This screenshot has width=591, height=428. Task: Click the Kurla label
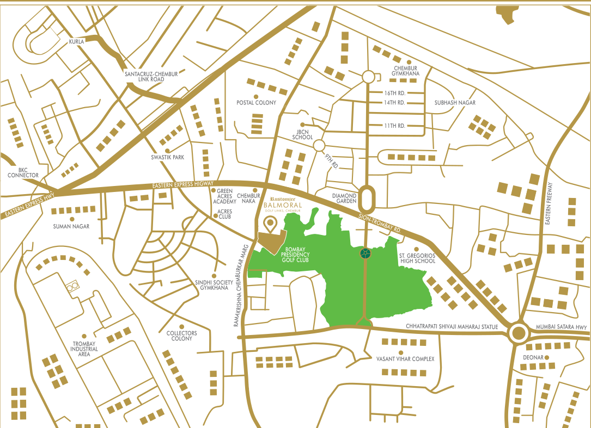pos(76,42)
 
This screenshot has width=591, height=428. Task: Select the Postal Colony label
pos(256,102)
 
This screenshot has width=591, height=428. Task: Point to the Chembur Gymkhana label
pos(406,71)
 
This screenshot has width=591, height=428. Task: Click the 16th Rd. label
pos(394,93)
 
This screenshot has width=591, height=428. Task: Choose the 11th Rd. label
pos(394,126)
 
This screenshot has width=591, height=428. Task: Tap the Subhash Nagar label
pos(455,102)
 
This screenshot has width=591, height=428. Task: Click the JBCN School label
pos(302,134)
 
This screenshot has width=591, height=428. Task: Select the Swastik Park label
pos(168,157)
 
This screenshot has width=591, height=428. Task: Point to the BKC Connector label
pos(23,172)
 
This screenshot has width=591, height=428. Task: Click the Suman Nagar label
pos(71,226)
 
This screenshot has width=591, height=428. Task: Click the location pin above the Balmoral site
pos(269,224)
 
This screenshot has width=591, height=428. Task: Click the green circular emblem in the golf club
pos(365,253)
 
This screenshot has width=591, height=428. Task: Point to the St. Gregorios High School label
pos(417,257)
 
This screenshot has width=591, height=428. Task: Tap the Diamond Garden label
pos(344,199)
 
